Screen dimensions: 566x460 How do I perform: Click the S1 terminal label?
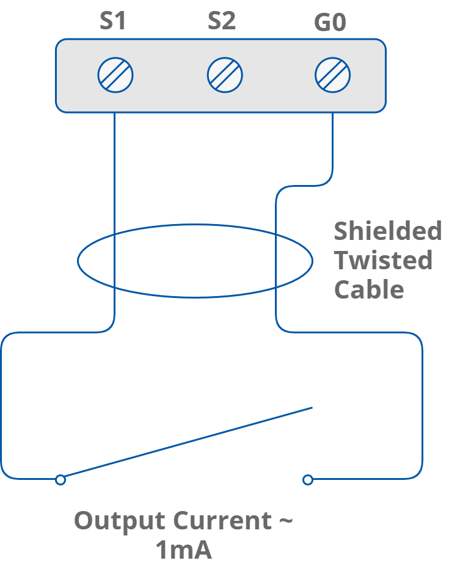click(x=113, y=21)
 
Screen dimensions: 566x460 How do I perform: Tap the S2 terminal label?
click(x=222, y=21)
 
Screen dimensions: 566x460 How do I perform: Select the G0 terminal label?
click(x=330, y=23)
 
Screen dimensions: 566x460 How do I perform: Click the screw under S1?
click(x=115, y=76)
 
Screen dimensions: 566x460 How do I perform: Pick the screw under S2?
click(x=224, y=76)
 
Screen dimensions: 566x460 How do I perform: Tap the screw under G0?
click(x=332, y=76)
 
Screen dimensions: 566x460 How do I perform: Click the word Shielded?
click(x=388, y=231)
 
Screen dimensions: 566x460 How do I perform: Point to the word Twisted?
click(x=383, y=260)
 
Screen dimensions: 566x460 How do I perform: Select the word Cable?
click(x=369, y=289)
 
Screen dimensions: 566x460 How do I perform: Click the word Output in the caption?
click(x=119, y=521)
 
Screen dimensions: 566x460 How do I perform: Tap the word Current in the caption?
click(x=222, y=521)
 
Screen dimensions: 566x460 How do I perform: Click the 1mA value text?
click(x=183, y=551)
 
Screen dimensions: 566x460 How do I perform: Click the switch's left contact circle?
click(x=60, y=480)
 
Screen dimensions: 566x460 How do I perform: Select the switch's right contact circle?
click(x=308, y=480)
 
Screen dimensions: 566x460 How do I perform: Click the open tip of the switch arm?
click(x=312, y=407)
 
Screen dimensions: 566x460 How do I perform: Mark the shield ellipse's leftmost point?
click(x=78, y=261)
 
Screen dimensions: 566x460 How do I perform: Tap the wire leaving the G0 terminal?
click(x=333, y=147)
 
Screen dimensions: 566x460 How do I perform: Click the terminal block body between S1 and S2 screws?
click(x=170, y=76)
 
